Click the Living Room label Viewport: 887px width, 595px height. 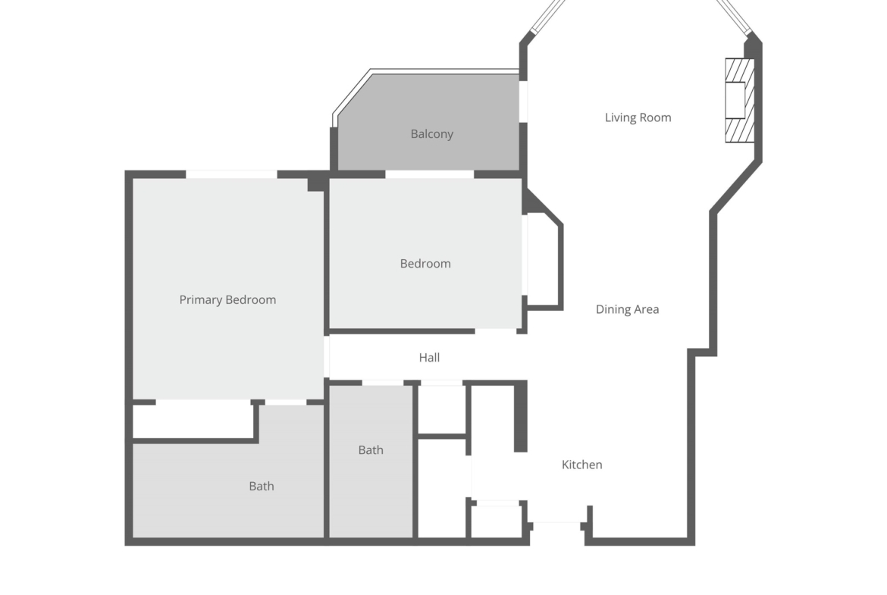[x=638, y=117]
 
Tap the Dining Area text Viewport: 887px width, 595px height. [x=628, y=309]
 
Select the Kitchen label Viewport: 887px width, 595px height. [x=582, y=465]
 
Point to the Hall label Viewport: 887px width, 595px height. [x=429, y=358]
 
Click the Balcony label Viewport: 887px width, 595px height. [x=432, y=134]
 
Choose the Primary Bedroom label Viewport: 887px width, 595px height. [x=228, y=299]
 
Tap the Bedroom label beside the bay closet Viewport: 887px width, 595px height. [x=425, y=264]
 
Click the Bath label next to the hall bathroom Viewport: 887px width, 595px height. [x=371, y=450]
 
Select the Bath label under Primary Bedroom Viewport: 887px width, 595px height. [x=262, y=487]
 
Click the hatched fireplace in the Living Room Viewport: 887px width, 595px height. [x=740, y=100]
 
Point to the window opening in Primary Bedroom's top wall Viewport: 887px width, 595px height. [x=231, y=174]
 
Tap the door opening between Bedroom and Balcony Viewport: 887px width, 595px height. [x=429, y=174]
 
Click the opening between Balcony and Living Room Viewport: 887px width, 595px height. [x=523, y=102]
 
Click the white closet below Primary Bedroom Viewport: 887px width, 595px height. [x=193, y=421]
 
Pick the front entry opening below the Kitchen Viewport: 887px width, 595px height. [x=557, y=527]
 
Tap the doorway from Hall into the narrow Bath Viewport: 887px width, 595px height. [x=382, y=384]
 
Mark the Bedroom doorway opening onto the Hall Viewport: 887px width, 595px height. [x=496, y=331]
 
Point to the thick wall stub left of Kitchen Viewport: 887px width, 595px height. [x=520, y=416]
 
